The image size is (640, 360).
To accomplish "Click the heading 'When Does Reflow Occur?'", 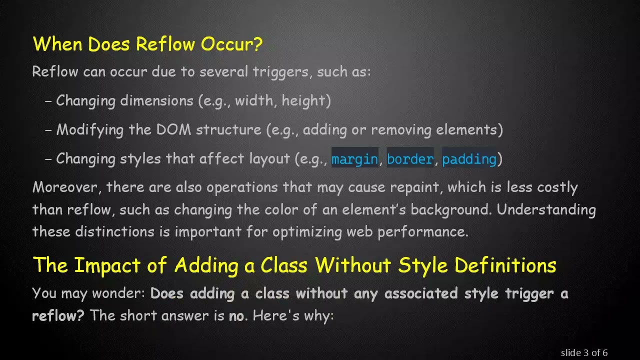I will click(x=147, y=44).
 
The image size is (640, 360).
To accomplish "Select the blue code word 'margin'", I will click(x=354, y=159).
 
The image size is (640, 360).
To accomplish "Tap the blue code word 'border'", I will click(x=410, y=159).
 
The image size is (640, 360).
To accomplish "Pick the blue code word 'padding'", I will click(x=469, y=159).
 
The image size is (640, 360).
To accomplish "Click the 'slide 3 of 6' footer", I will click(x=584, y=352).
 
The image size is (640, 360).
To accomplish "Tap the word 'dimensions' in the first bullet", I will click(x=156, y=100).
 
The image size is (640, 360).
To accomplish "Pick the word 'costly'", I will click(x=557, y=187).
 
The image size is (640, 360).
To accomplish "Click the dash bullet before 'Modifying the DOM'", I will click(x=48, y=130).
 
